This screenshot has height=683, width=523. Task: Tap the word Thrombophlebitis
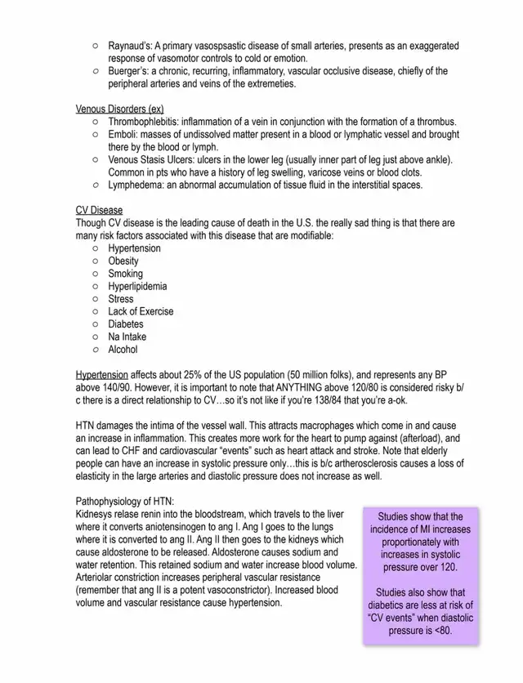(x=143, y=122)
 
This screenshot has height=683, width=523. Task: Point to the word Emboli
(x=123, y=134)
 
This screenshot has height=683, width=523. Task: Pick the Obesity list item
(x=123, y=261)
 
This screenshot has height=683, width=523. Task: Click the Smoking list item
(x=125, y=274)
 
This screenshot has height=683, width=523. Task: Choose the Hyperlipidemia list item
(x=137, y=286)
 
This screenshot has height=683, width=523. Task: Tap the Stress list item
(x=121, y=299)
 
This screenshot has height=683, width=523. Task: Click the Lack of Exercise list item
(x=141, y=311)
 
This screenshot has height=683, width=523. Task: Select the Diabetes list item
(x=126, y=324)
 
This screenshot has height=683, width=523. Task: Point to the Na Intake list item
(x=127, y=337)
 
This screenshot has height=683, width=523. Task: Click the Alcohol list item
(x=123, y=350)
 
